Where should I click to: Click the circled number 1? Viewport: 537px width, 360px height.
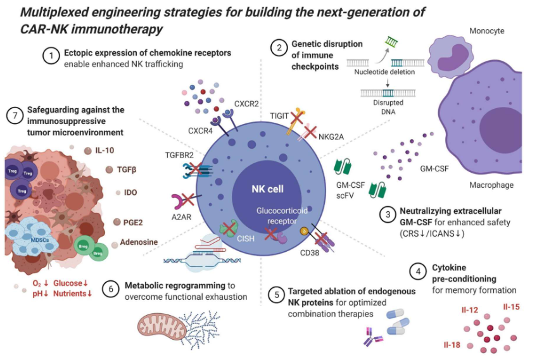coord(50,57)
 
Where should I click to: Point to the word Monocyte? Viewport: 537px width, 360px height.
coord(486,30)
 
